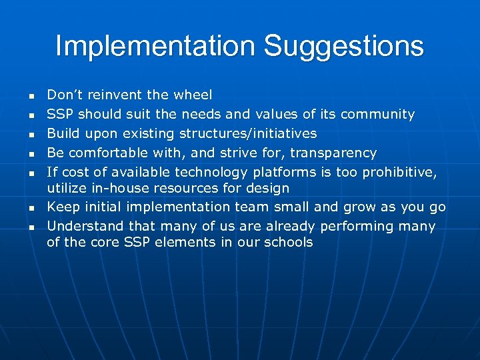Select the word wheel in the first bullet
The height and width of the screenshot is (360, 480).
click(193, 95)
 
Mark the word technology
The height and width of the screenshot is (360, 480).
click(220, 173)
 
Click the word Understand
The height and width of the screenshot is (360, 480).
click(84, 226)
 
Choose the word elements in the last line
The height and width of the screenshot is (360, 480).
click(178, 242)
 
